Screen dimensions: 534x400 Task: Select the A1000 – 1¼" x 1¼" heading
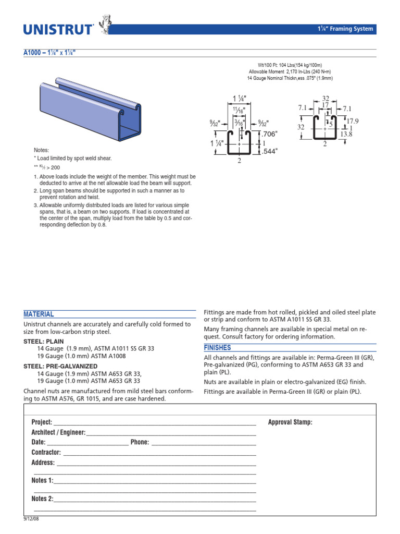point(51,53)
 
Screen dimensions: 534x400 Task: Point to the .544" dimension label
point(269,151)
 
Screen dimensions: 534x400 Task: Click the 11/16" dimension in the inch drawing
point(239,111)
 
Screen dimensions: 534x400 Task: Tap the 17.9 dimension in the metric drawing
point(353,121)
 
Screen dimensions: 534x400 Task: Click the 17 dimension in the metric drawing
point(325,105)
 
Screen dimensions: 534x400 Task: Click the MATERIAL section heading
point(39,314)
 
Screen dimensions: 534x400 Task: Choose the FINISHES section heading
point(217,348)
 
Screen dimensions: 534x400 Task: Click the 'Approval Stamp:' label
point(290,422)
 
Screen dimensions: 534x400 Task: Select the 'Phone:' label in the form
point(140,442)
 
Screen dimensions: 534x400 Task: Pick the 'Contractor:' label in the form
point(46,453)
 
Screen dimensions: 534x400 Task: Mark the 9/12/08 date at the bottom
point(31,519)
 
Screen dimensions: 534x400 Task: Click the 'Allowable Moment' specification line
point(290,71)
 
